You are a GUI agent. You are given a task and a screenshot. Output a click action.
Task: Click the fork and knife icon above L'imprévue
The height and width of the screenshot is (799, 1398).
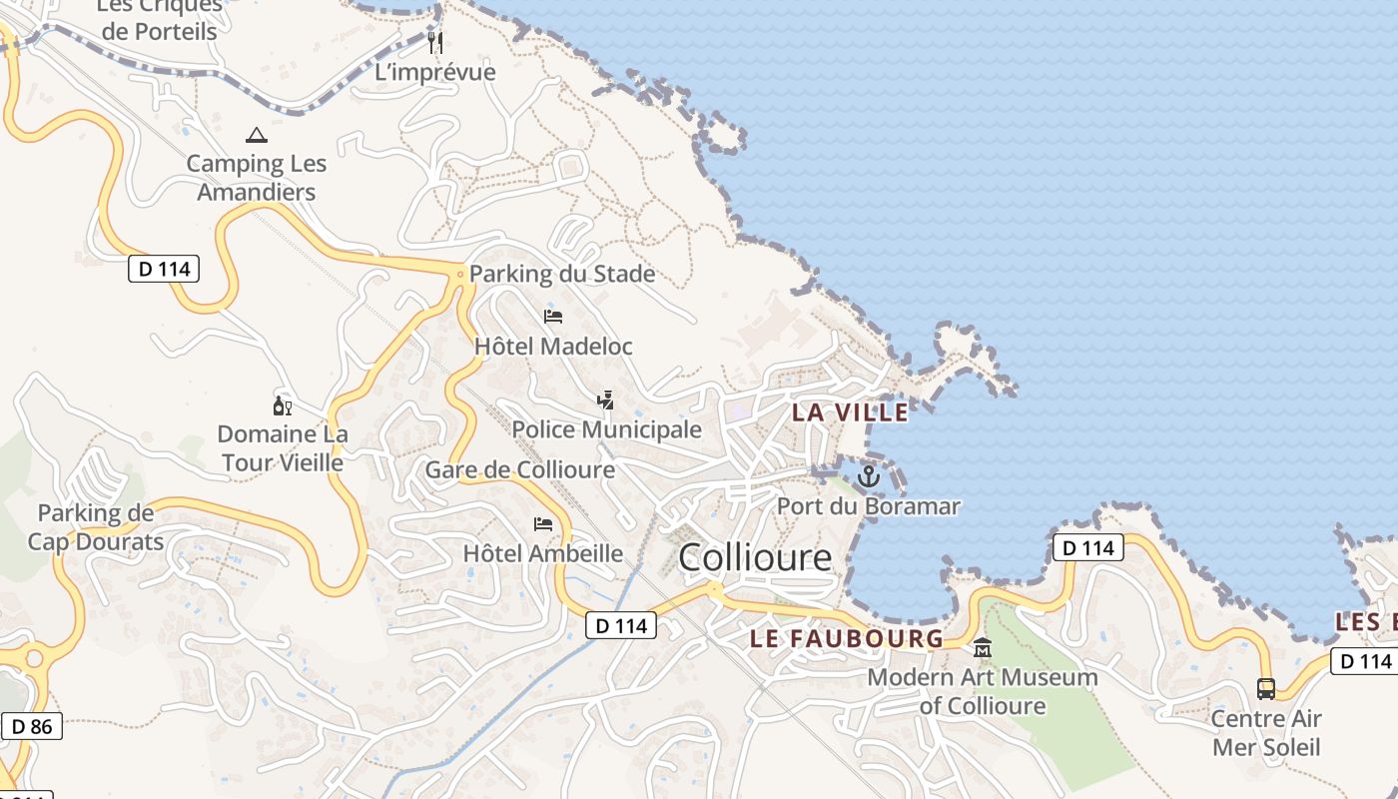point(435,42)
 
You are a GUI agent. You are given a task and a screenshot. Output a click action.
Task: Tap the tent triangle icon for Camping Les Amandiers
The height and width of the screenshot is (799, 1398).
point(257,135)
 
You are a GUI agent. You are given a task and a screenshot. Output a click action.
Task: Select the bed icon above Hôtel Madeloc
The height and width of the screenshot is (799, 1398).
point(553,317)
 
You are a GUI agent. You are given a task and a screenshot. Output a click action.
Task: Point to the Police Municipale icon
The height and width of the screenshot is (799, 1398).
point(605,400)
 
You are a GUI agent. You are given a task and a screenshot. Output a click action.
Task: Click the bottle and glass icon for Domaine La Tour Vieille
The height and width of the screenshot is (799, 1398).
point(283,405)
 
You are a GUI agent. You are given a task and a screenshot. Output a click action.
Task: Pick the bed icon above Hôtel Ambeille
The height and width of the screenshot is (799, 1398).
point(543,523)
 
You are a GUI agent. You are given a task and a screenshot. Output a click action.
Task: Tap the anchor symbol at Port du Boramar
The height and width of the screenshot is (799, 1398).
point(869,476)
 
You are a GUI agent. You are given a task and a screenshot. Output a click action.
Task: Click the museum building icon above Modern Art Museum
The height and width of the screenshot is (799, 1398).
point(983,648)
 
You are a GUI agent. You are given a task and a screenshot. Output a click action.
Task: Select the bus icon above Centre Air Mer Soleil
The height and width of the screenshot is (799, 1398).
point(1266,688)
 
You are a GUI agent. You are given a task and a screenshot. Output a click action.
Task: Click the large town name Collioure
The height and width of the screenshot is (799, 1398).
point(755,557)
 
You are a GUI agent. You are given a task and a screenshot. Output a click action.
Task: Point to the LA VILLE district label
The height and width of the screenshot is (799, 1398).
point(851,411)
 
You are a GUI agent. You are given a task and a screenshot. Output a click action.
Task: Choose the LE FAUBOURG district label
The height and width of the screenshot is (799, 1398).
point(847,638)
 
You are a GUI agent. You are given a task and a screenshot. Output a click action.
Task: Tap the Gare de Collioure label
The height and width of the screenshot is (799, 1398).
point(520,469)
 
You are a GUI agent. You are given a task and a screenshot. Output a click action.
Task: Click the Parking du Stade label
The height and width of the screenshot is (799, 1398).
point(562,274)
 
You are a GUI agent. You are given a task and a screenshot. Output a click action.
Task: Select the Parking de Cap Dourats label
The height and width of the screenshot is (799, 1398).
point(96,527)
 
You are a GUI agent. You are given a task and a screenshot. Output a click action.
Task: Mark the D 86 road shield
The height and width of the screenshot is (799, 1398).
point(33,726)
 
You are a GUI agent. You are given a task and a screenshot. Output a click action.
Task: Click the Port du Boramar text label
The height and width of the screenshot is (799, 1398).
point(869,506)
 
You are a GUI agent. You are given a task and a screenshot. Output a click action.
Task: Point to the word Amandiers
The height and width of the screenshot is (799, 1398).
point(257,192)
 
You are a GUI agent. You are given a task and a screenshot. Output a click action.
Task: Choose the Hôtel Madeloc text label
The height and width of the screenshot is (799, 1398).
point(553,347)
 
